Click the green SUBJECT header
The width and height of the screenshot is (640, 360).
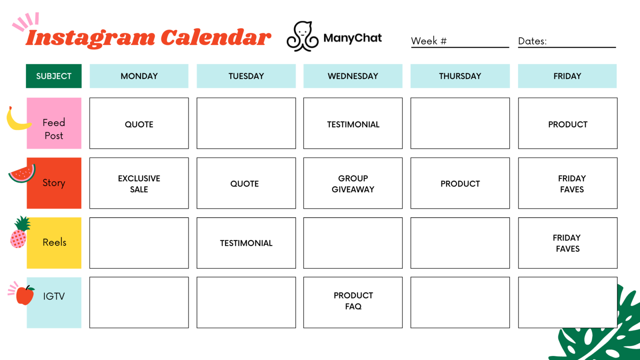(x=54, y=76)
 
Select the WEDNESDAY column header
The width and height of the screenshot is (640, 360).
(x=353, y=76)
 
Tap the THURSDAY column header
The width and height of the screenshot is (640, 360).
(x=460, y=76)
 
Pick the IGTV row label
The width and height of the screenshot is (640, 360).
(x=54, y=296)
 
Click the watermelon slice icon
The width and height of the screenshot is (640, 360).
(x=22, y=174)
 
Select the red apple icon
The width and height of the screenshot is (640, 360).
(x=25, y=295)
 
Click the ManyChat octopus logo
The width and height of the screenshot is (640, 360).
(x=302, y=37)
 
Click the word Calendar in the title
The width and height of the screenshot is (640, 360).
(x=216, y=38)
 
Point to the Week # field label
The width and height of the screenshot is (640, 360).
(x=429, y=41)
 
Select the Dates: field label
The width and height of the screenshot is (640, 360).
(x=532, y=41)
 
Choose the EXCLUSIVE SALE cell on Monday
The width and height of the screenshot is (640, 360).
(x=139, y=183)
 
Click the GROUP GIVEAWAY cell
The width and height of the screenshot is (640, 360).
(x=353, y=183)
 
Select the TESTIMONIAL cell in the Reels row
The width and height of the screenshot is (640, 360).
(x=246, y=243)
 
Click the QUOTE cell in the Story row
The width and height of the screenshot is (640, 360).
(x=246, y=183)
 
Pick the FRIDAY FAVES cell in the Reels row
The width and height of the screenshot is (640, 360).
(x=568, y=243)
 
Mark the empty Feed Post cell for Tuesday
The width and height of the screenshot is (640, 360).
(x=246, y=123)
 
